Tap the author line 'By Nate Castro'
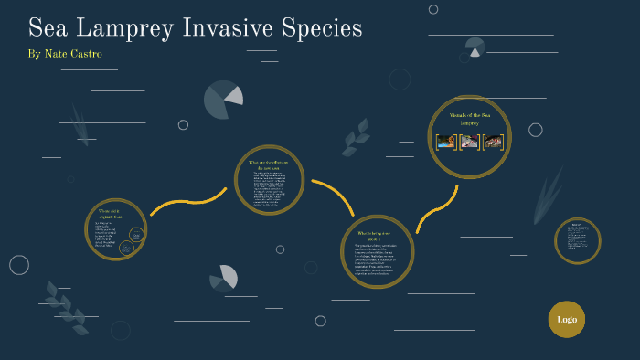65,54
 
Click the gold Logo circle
566,320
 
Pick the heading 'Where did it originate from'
115,216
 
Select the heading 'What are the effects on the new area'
268,165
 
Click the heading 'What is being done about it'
377,236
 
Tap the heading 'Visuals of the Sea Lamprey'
470,118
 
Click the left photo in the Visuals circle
446,142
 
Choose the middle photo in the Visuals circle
469,142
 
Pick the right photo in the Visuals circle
493,142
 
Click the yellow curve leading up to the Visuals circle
436,209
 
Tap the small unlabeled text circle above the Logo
577,240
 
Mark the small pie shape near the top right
475,47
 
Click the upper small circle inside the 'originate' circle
136,233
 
